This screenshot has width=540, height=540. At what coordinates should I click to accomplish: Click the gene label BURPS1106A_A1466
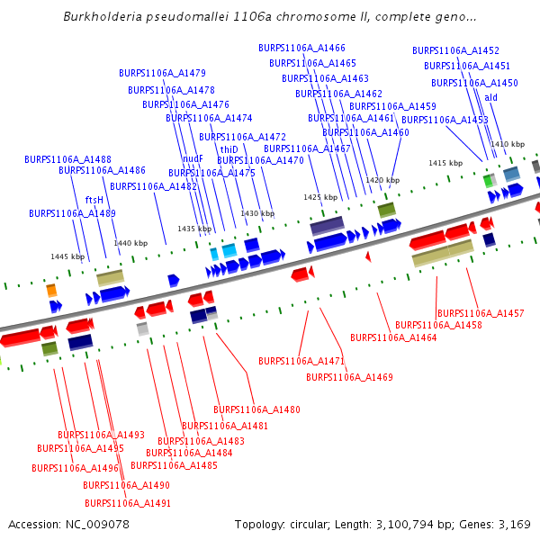coord(301,48)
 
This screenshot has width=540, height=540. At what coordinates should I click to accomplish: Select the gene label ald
coord(490,97)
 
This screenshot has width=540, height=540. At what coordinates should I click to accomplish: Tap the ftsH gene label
coord(94,200)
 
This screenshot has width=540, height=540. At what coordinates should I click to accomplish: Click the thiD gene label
coord(229,149)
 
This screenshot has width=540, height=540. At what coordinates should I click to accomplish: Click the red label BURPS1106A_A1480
coord(256,409)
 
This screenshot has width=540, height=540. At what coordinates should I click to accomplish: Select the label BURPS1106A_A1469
coord(349,377)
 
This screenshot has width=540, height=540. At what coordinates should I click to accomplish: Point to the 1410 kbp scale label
coord(507,144)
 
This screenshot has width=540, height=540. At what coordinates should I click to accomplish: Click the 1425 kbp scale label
coord(320,197)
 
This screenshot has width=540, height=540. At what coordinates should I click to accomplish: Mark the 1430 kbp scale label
coord(257,213)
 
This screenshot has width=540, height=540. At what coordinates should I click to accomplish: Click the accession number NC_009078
coord(69,524)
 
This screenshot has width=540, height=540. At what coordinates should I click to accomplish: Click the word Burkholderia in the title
coord(101,17)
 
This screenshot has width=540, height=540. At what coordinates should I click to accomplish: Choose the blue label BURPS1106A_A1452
coord(455,51)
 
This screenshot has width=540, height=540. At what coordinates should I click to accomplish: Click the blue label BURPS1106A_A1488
coord(67,159)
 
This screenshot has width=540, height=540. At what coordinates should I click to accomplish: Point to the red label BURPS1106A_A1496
coord(75,468)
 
